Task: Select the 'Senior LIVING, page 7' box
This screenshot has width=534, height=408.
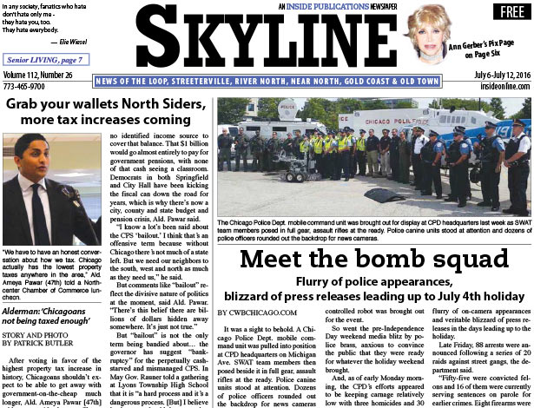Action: [x=46, y=60]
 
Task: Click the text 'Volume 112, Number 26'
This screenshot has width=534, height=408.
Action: [x=44, y=76]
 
